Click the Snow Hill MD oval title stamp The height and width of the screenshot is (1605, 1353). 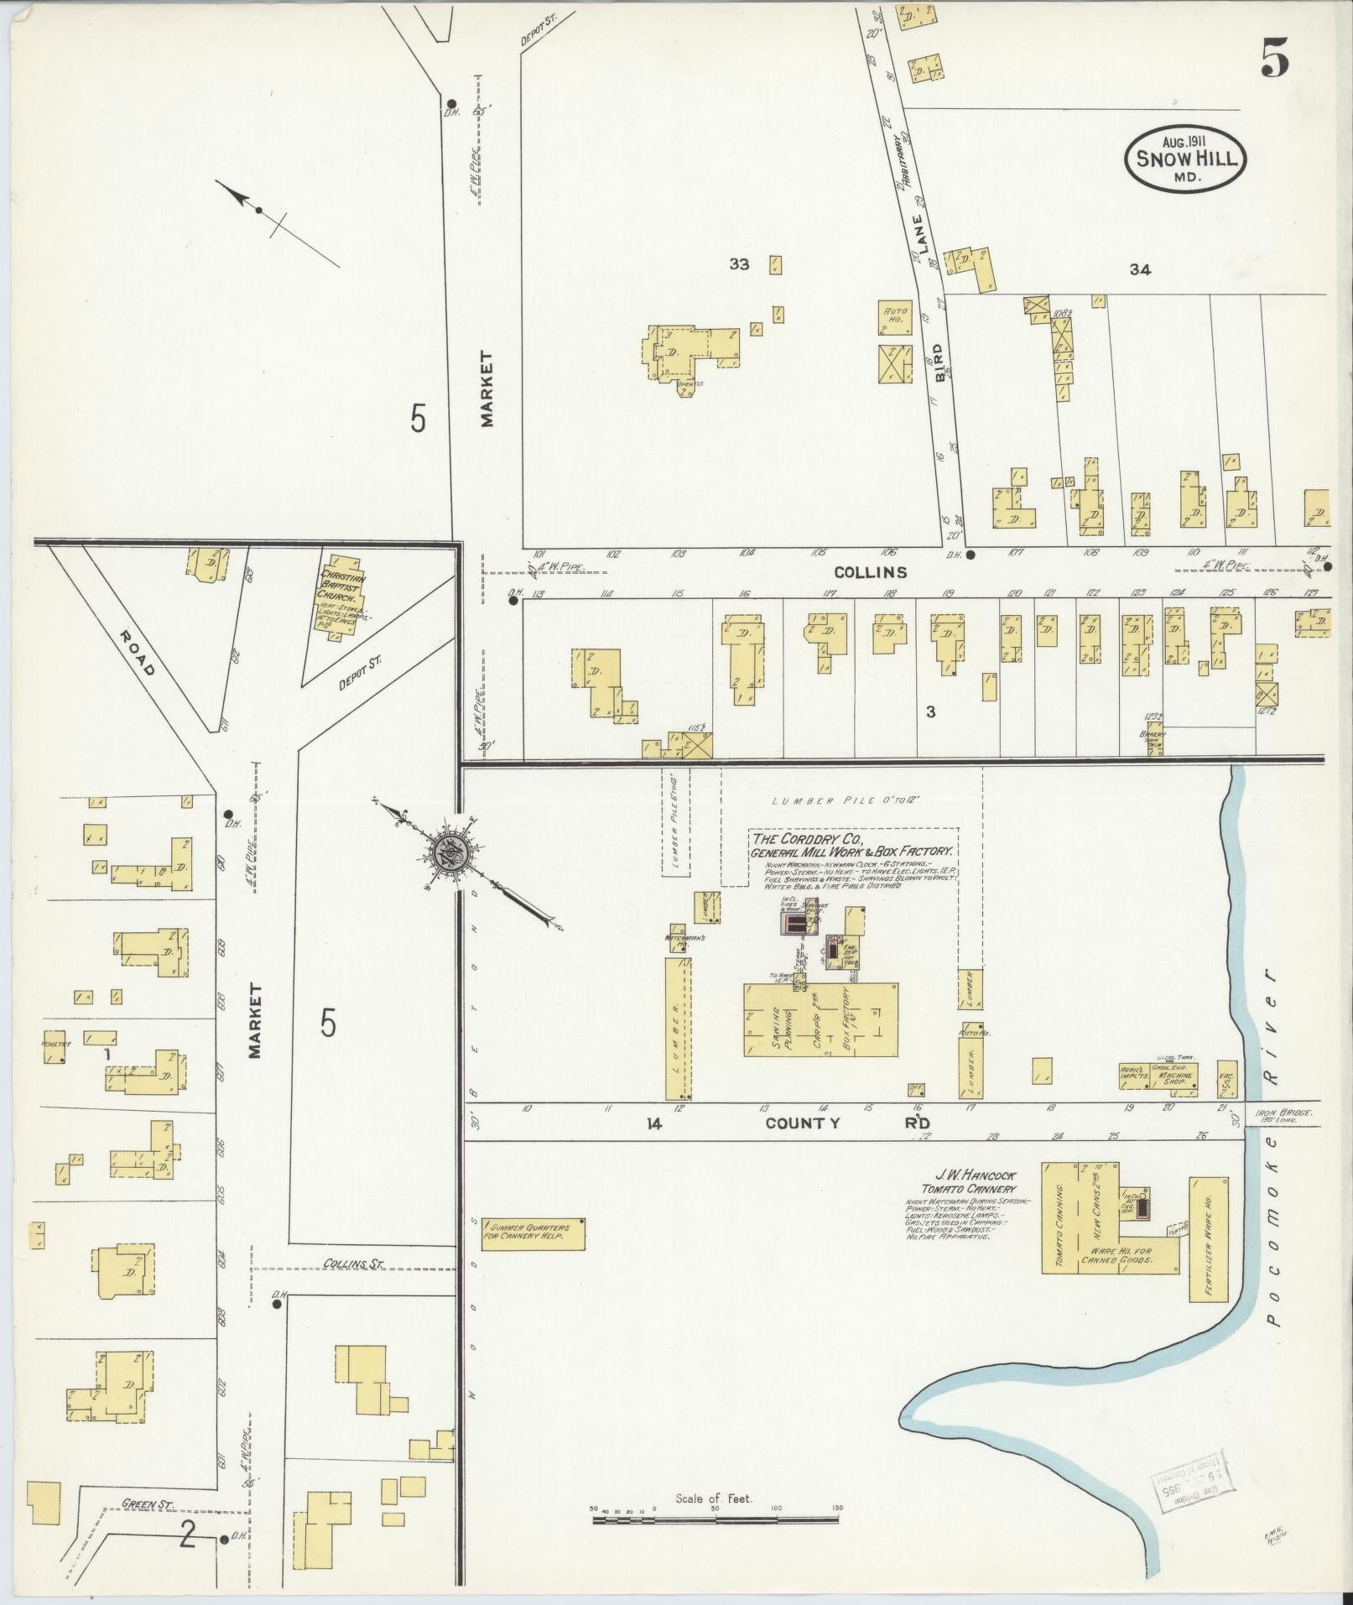1186,159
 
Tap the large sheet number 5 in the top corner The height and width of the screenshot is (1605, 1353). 1273,60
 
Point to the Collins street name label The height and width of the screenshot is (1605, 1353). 871,572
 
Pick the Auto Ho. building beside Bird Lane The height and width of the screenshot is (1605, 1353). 894,315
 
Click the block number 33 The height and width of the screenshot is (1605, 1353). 739,264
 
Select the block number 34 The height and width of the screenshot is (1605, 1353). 1140,269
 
